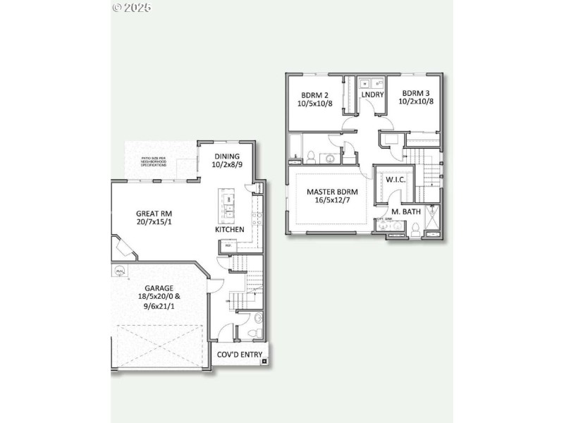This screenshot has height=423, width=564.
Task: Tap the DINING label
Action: [x=227, y=157]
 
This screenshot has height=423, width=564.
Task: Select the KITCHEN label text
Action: [x=230, y=229]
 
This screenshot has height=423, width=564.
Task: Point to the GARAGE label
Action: [x=159, y=288]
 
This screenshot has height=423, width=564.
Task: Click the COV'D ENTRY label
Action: [x=239, y=355]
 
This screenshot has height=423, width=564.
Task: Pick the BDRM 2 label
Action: [x=314, y=94]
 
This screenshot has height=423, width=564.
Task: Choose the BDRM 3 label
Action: [x=416, y=93]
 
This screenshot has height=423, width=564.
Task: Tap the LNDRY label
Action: [x=372, y=94]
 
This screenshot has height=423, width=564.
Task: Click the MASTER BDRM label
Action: [x=332, y=192]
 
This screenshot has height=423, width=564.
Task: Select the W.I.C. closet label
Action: [x=395, y=180]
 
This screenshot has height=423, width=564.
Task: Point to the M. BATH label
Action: [x=406, y=211]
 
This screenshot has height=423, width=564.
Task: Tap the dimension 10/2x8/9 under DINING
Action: [x=227, y=166]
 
